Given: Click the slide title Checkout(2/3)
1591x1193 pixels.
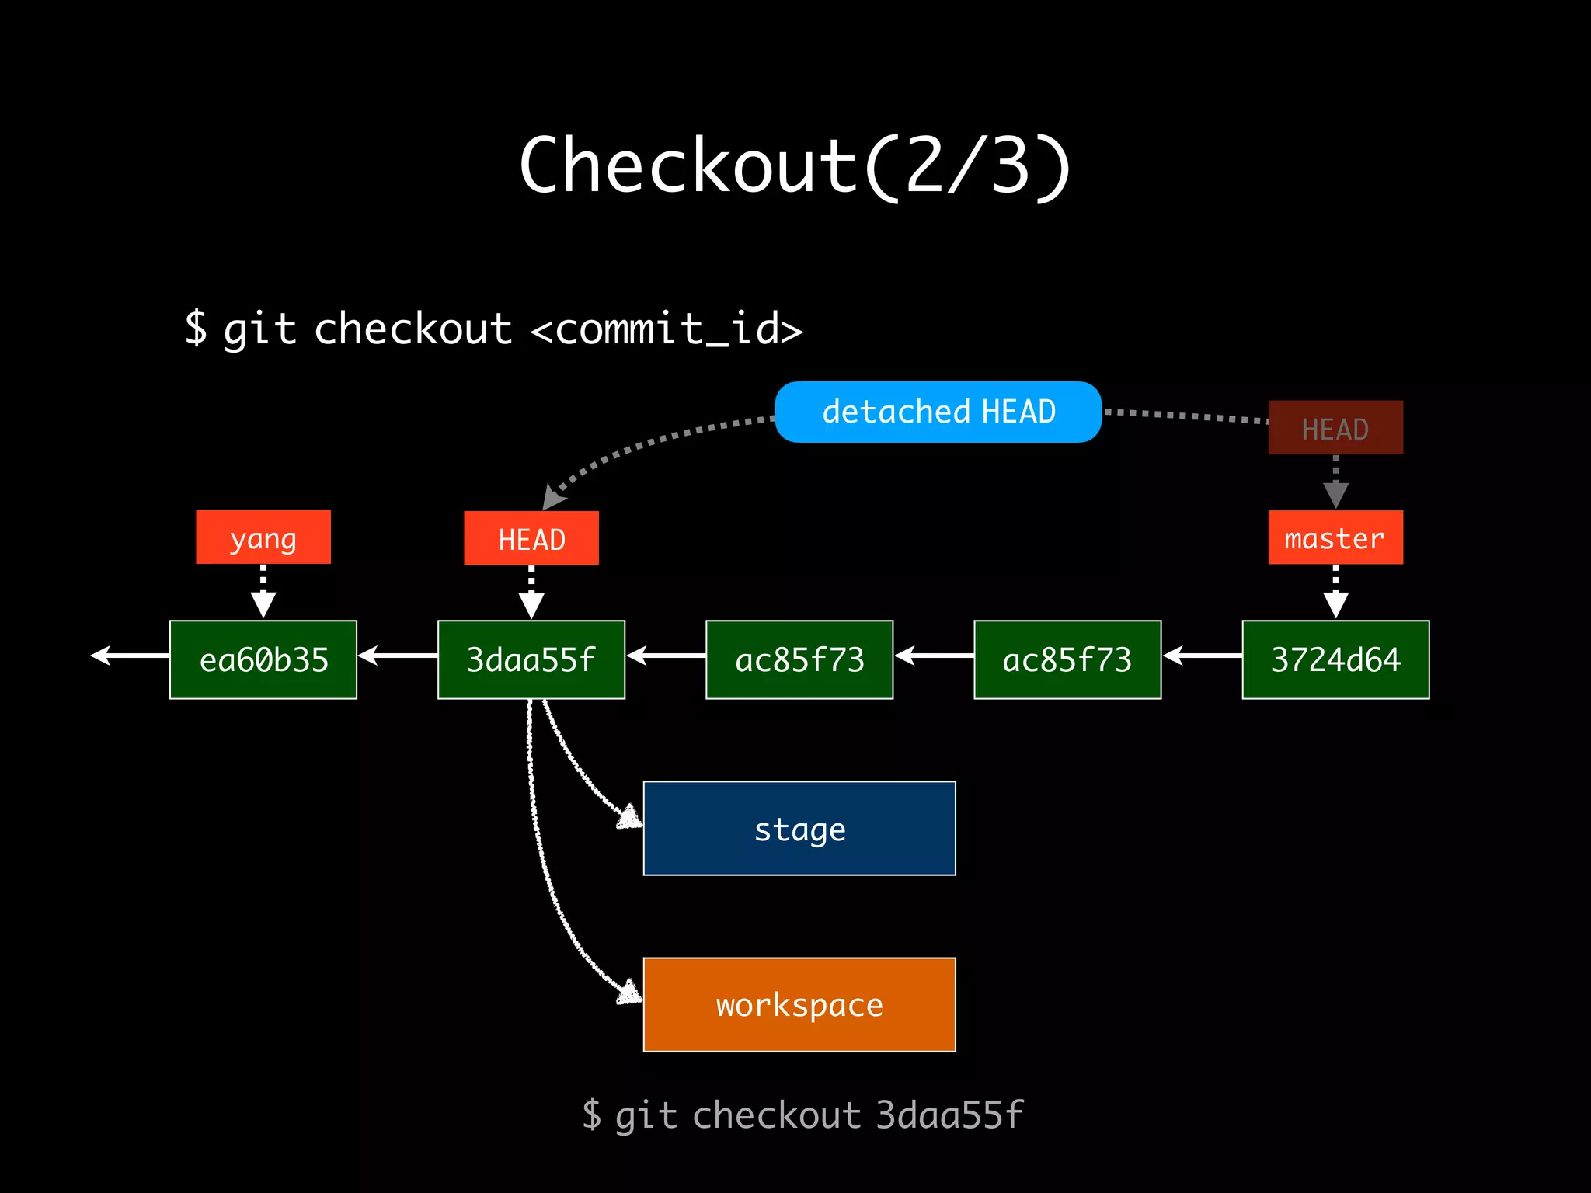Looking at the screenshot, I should tap(795, 165).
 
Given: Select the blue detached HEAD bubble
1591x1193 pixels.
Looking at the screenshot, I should tap(938, 412).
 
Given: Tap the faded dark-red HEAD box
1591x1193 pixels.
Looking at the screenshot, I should tap(1335, 428).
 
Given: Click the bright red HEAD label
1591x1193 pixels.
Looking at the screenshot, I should tap(531, 538).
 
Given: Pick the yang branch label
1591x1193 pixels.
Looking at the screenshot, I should tap(263, 537).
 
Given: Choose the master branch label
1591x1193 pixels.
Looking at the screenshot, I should tap(1335, 537).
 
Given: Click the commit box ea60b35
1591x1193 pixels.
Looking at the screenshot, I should tap(263, 659).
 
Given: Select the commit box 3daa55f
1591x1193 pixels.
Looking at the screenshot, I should tap(531, 659).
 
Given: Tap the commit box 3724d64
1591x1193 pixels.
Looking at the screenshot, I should tap(1335, 659).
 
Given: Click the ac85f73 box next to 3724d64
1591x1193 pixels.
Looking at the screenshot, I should tap(1067, 659).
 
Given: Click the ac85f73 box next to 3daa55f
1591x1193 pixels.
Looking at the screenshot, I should tap(799, 659).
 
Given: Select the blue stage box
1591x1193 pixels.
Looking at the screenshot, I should tap(799, 829).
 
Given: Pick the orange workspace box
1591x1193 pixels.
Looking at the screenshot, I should tap(799, 1005).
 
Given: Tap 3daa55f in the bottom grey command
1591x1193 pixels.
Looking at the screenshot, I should tap(949, 1115).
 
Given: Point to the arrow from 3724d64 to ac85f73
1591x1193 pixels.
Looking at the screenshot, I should tap(1202, 656).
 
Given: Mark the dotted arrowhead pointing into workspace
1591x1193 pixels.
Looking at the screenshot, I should tap(629, 993).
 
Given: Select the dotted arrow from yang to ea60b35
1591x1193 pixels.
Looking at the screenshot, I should tap(263, 592).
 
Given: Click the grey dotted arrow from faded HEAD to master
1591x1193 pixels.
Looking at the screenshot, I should tap(1335, 482).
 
